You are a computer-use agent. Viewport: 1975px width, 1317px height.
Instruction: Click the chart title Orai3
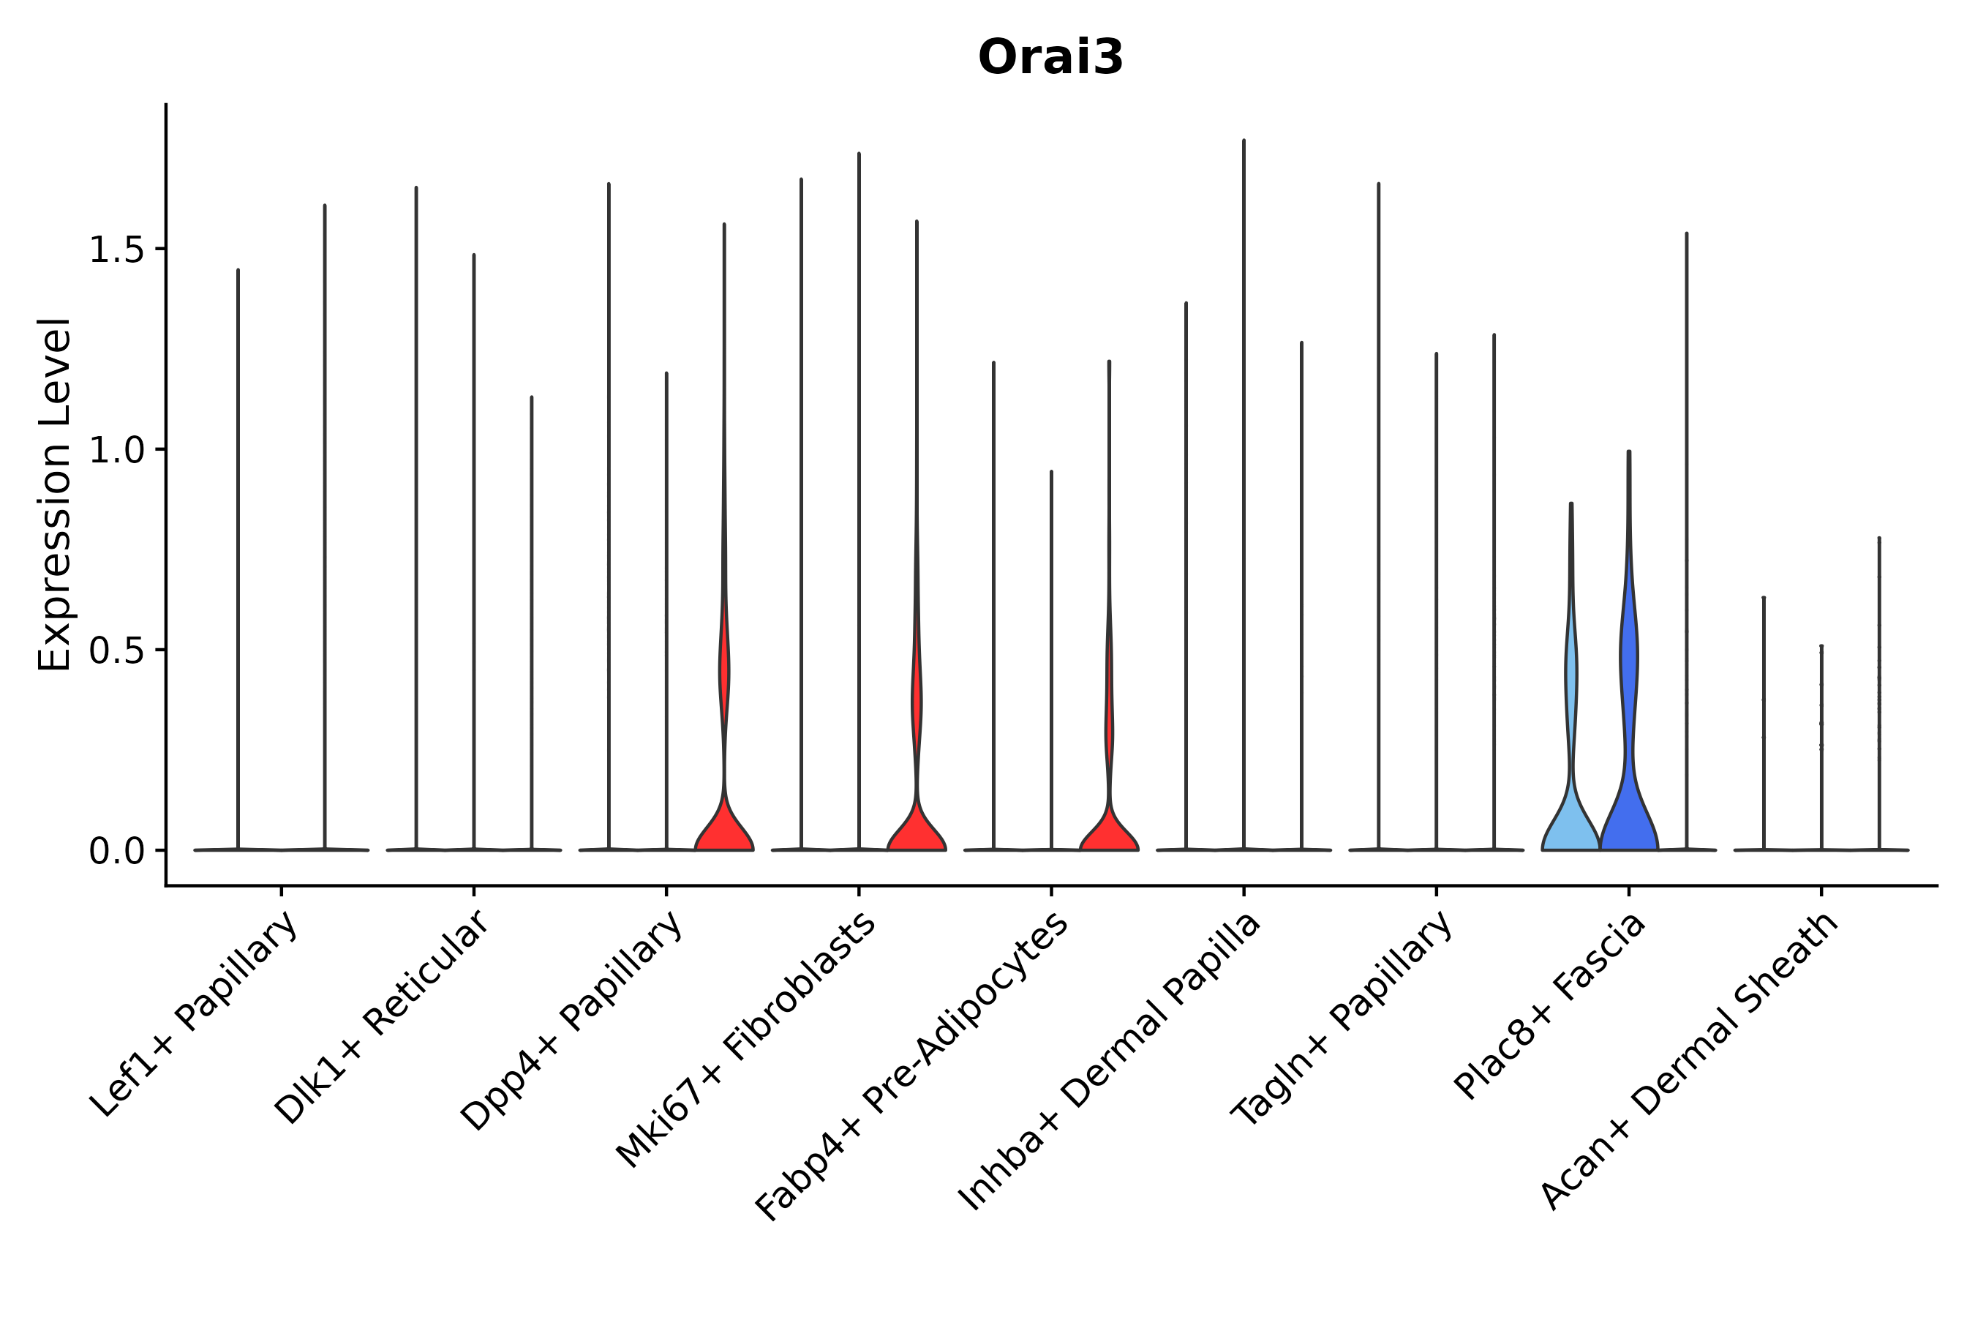(1050, 59)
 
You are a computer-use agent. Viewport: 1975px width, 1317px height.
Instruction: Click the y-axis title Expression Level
(56, 495)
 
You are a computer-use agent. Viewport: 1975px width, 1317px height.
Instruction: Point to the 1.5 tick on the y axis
(115, 250)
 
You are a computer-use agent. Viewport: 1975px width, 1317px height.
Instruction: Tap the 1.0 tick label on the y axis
(115, 451)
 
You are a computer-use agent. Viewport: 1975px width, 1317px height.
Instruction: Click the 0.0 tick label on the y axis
(115, 852)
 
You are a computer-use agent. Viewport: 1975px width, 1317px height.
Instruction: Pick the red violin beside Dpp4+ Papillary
(724, 831)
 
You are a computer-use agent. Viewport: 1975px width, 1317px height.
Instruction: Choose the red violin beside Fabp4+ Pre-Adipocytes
(1108, 836)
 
